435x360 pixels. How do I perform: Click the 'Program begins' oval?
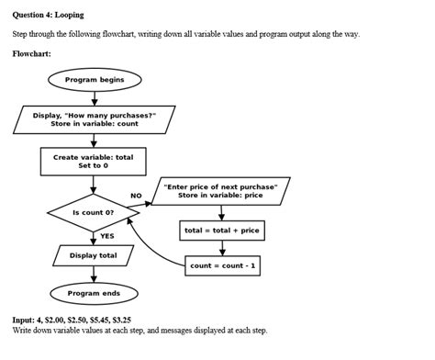click(x=94, y=80)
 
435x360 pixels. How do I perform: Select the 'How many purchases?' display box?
click(x=94, y=119)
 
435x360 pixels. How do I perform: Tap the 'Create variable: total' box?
click(x=94, y=162)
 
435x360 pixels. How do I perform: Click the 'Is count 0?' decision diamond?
click(x=94, y=212)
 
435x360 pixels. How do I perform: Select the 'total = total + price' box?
click(x=221, y=230)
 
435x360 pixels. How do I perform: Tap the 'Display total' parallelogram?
click(x=94, y=254)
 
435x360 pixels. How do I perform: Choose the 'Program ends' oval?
click(x=94, y=293)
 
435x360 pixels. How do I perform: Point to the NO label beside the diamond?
click(x=136, y=196)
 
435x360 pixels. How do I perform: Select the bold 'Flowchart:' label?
click(x=31, y=53)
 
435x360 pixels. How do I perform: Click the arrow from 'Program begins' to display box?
click(x=94, y=97)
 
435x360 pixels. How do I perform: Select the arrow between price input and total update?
click(x=221, y=211)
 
